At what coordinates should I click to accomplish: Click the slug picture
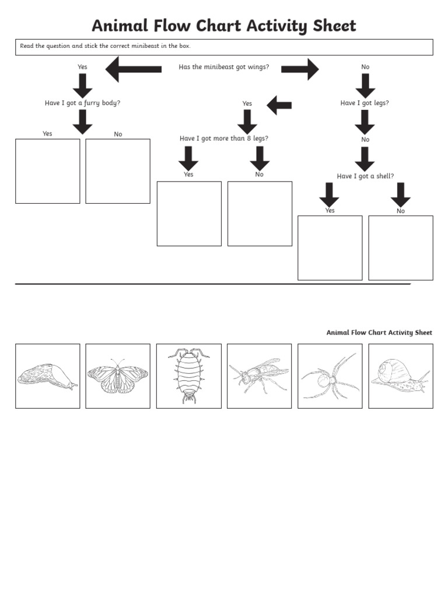tap(47, 376)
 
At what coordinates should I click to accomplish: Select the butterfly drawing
tap(117, 376)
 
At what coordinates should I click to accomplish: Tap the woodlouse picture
tap(188, 375)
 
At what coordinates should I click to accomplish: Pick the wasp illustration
tap(258, 375)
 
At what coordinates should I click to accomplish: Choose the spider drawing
tap(330, 376)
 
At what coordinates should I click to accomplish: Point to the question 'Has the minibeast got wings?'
tap(223, 67)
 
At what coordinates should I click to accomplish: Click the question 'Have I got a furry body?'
tap(82, 103)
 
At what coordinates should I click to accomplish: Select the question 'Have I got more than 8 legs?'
tap(224, 139)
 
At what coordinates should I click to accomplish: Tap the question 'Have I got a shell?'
tap(365, 176)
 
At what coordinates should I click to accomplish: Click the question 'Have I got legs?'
tap(365, 103)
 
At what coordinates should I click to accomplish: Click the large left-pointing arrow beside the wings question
tap(134, 69)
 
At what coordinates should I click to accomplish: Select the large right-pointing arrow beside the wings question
tap(300, 69)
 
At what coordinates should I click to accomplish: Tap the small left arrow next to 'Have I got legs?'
tap(279, 105)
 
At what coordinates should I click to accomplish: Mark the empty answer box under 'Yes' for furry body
tap(47, 171)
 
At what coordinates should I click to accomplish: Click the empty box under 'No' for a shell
tap(401, 248)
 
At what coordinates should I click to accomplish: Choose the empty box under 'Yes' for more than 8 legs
tap(189, 214)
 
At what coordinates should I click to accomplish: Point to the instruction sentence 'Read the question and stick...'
tap(105, 46)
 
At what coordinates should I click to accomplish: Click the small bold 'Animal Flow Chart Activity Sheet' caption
tap(379, 333)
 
